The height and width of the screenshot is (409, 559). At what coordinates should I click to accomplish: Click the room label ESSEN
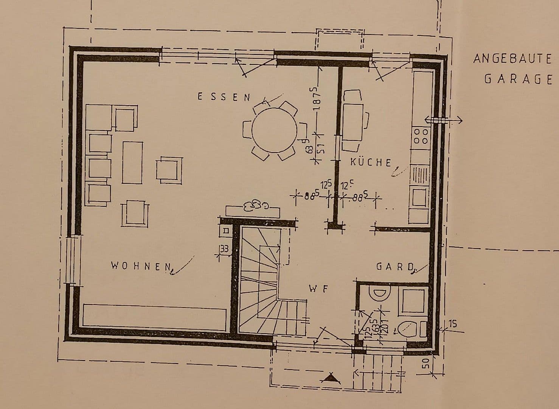pyautogui.click(x=224, y=97)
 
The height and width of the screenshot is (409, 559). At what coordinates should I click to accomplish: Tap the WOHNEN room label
pyautogui.click(x=141, y=266)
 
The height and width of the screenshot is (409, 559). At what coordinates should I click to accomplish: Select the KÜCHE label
pyautogui.click(x=371, y=162)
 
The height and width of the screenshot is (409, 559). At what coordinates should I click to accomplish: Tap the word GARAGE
pyautogui.click(x=518, y=79)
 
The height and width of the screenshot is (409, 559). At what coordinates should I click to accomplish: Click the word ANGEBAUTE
pyautogui.click(x=512, y=59)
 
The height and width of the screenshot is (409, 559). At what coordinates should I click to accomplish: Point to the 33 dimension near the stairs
pyautogui.click(x=224, y=249)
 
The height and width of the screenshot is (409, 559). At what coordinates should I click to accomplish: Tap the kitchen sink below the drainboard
pyautogui.click(x=419, y=197)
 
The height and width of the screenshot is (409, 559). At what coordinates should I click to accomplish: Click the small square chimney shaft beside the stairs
pyautogui.click(x=226, y=230)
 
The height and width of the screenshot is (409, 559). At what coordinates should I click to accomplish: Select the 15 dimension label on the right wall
pyautogui.click(x=453, y=324)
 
